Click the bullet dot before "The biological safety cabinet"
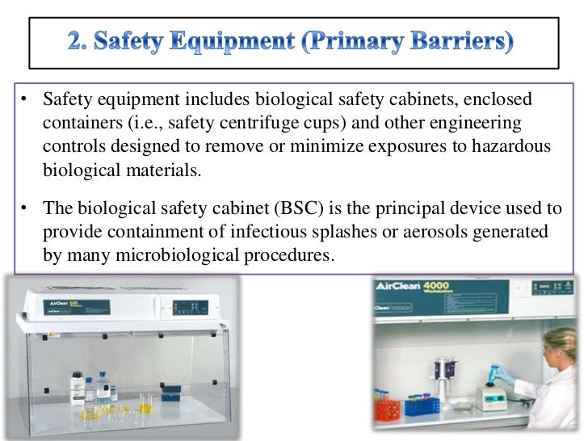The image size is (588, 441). tap(26, 208)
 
